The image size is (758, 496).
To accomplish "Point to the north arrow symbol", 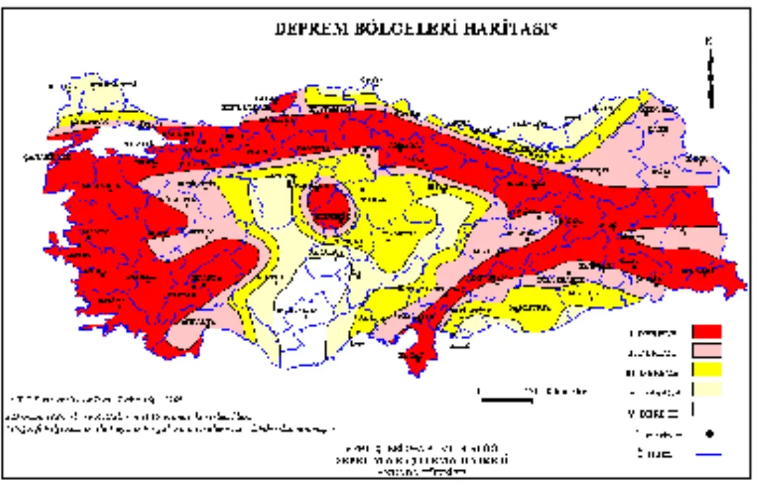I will click(x=710, y=73).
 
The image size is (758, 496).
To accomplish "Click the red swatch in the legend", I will click(x=707, y=332).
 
